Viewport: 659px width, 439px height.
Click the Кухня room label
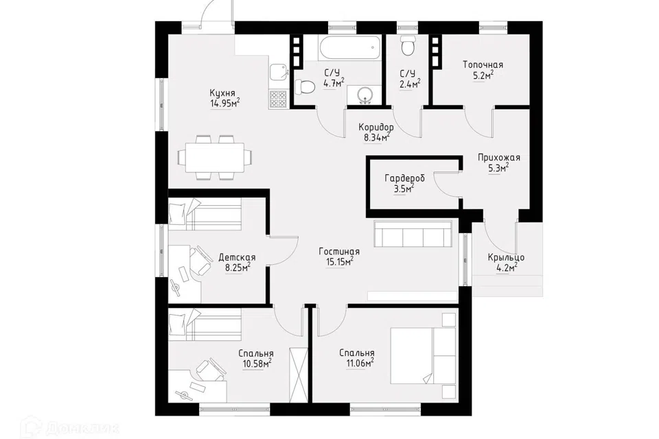coord(222,93)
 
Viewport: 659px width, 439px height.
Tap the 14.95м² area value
coord(225,104)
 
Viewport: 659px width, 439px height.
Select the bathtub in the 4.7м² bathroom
coord(351,48)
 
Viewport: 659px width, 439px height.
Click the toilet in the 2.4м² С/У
coord(408,45)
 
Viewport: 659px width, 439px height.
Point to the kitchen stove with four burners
coord(278,99)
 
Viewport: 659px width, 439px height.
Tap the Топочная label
coord(483,65)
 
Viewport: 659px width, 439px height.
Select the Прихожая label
coord(499,158)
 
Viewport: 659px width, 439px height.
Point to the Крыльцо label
coord(506,257)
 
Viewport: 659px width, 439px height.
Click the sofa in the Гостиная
coord(413,234)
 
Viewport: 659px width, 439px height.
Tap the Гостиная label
coord(338,252)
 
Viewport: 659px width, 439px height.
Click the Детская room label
coord(237,257)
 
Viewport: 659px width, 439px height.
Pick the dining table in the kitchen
coord(215,158)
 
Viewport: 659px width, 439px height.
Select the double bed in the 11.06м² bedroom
coord(424,355)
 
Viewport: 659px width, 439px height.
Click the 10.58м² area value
coord(256,364)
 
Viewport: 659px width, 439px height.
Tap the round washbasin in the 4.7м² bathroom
coord(365,94)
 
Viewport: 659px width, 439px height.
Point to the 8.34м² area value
coord(375,137)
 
